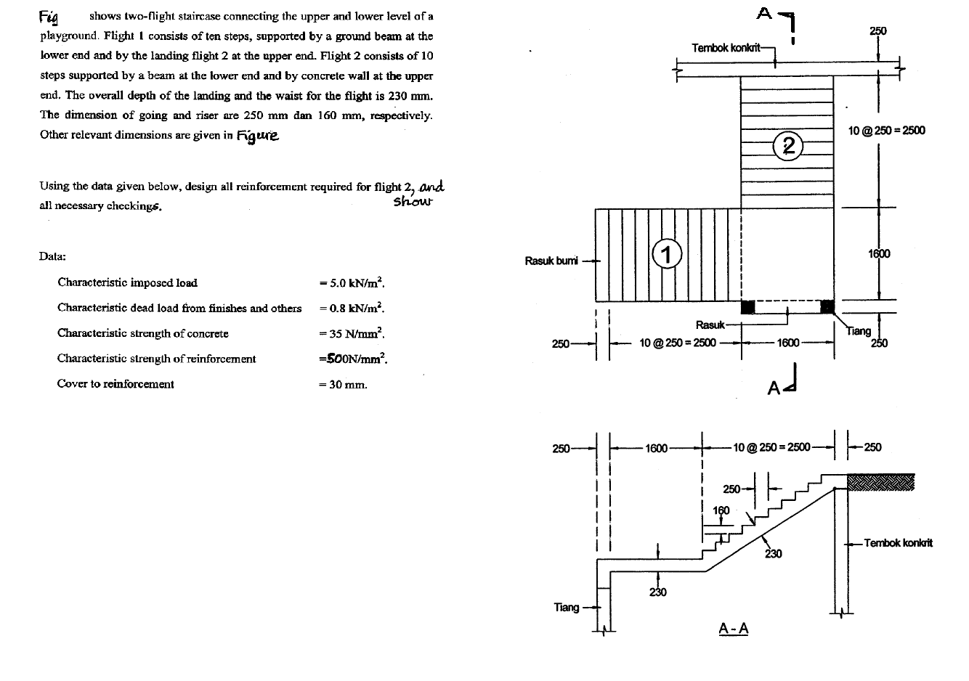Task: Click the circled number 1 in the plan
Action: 666,254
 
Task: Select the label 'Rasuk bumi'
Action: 551,261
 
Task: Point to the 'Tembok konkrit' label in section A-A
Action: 898,543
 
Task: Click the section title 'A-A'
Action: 734,628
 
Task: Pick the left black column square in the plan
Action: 747,306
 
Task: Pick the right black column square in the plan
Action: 827,306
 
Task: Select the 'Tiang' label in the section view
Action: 567,607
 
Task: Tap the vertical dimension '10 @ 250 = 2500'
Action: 886,131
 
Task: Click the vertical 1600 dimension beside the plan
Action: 879,253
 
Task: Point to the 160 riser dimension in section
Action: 721,510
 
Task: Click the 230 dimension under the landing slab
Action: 658,592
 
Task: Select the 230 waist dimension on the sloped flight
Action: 773,554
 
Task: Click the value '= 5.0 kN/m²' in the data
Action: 352,282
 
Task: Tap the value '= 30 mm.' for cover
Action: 343,385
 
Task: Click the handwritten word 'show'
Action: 413,202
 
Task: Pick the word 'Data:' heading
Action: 53,256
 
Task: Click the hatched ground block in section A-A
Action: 880,482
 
